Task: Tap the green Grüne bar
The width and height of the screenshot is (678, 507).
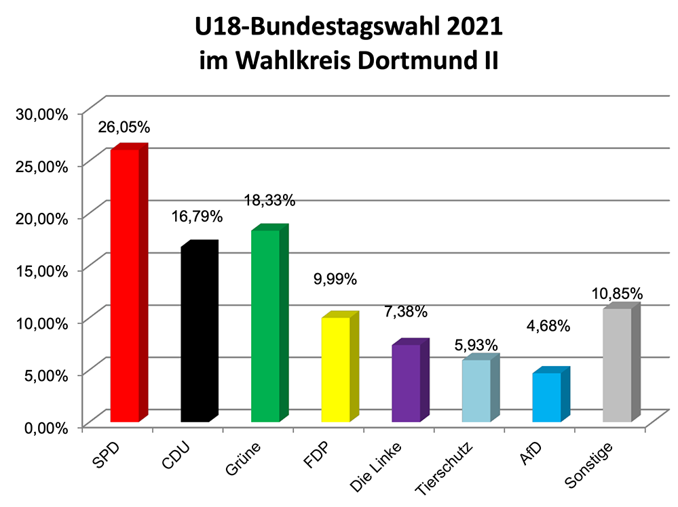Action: (265, 326)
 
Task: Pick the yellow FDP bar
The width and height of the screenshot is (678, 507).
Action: (335, 369)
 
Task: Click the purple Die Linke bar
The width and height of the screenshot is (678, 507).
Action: (405, 383)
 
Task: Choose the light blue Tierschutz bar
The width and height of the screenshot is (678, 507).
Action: (476, 390)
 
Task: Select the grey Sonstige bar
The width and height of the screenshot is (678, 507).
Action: (616, 365)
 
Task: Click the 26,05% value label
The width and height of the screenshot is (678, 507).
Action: (124, 127)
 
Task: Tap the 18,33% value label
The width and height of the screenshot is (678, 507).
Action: (270, 200)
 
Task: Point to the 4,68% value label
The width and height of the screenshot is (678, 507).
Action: (548, 325)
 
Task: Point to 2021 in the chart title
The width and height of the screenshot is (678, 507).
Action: (468, 28)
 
